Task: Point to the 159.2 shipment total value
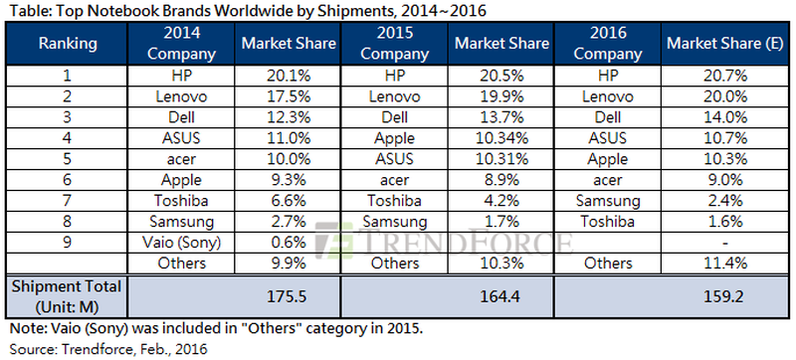(x=712, y=294)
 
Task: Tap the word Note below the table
(x=24, y=327)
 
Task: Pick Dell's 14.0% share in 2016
(x=712, y=115)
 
